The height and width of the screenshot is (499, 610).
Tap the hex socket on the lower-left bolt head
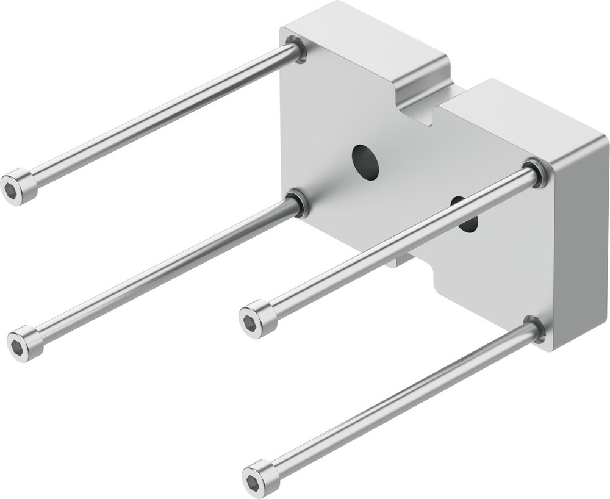point(18,347)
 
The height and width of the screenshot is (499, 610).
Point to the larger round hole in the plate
point(365,162)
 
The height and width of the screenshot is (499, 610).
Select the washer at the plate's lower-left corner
point(297,204)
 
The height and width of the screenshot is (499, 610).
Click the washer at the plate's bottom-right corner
point(534,329)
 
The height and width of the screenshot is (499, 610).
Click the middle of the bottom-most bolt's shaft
point(396,403)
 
